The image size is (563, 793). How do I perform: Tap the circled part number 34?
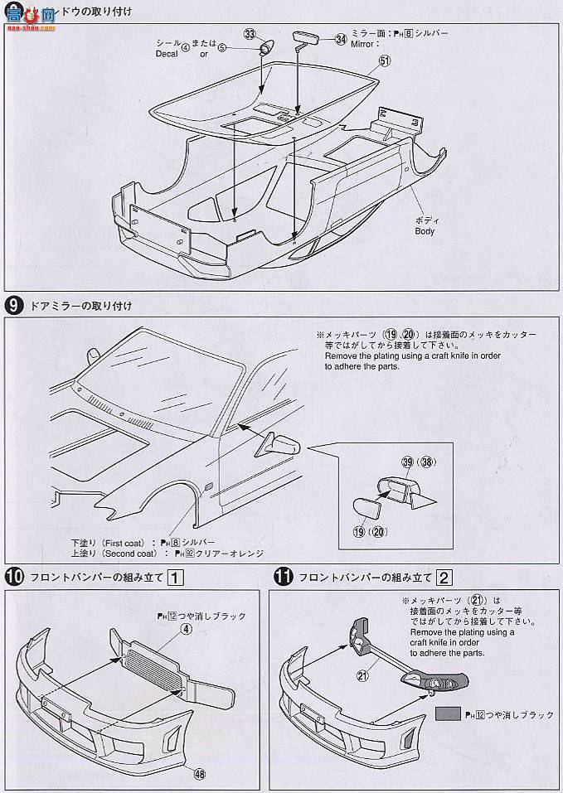[341, 38]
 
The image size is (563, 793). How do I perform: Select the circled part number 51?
[384, 60]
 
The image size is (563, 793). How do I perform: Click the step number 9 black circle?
[13, 306]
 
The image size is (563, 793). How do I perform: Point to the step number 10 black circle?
[13, 577]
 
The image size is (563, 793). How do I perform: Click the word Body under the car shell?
[425, 231]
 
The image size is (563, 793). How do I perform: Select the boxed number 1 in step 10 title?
[175, 577]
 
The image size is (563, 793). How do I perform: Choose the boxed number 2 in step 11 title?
[444, 577]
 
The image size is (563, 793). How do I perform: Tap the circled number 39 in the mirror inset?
[406, 462]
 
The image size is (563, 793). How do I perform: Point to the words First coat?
[129, 540]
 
